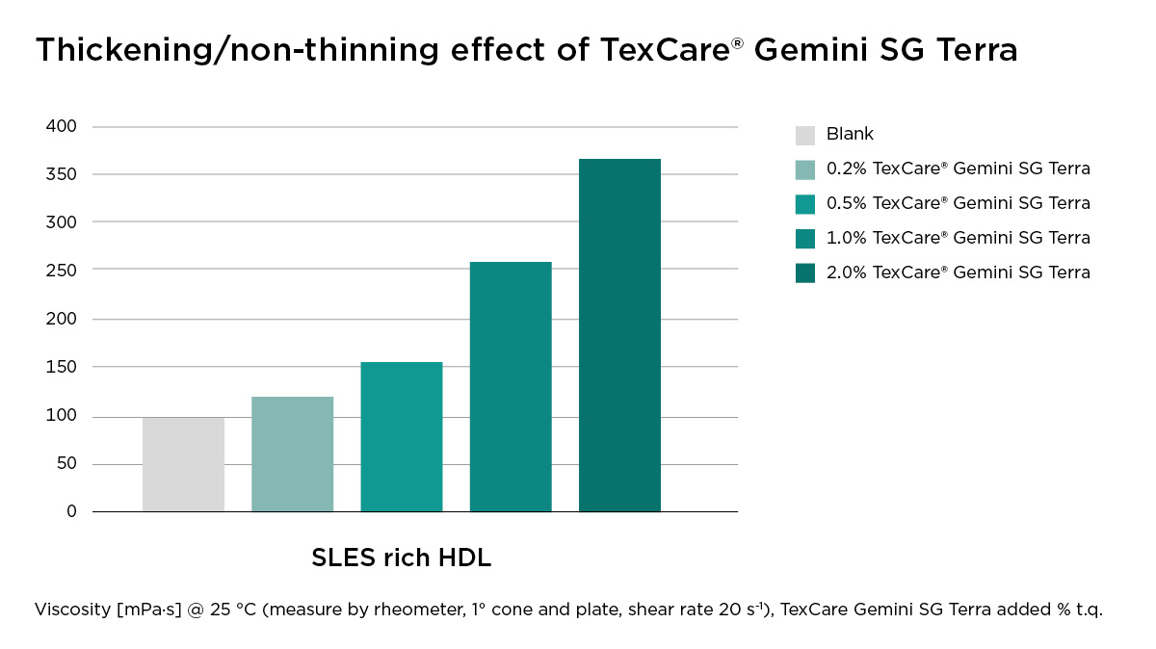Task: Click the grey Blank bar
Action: [183, 464]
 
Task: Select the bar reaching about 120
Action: [292, 454]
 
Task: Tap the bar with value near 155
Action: [402, 437]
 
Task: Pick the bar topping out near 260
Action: [511, 387]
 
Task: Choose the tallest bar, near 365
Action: [619, 335]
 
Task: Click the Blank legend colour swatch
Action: [805, 135]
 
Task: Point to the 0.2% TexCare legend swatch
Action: [805, 169]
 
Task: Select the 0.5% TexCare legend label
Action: [958, 203]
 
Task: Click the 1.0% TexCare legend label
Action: [958, 238]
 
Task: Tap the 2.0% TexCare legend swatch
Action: [805, 273]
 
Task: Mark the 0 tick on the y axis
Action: [71, 511]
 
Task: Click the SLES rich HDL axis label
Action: [401, 558]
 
